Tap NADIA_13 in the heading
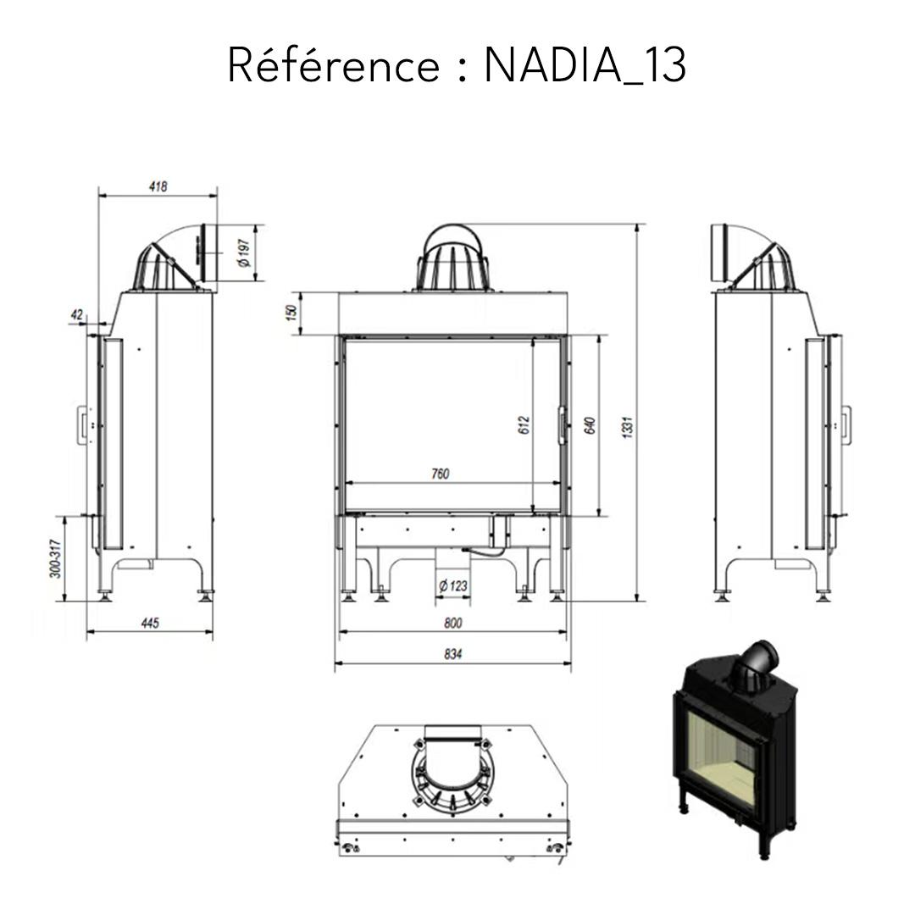point(585,66)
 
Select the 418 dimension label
point(158,186)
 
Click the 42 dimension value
point(77,315)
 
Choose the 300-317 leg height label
point(55,559)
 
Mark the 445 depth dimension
point(149,624)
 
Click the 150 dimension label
point(291,313)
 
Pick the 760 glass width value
point(441,474)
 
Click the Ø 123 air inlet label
point(453,585)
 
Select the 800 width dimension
point(453,624)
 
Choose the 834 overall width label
point(453,654)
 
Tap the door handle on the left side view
point(82,424)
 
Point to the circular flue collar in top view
point(452,771)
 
